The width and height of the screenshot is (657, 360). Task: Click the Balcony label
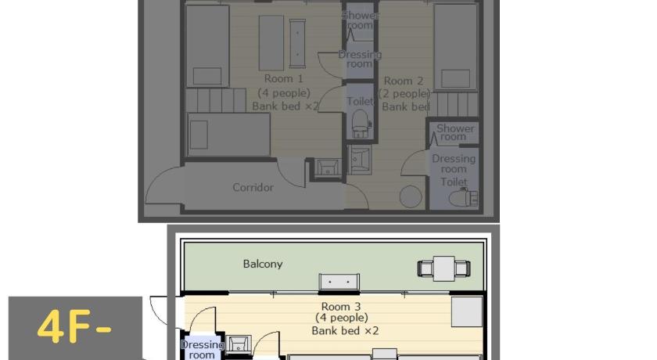[x=263, y=264]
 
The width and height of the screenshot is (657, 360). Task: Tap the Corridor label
[x=253, y=187]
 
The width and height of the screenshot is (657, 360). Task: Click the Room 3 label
[x=341, y=307]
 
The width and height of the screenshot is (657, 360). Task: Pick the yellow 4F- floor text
[x=74, y=327]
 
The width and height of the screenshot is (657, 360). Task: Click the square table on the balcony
[x=443, y=268]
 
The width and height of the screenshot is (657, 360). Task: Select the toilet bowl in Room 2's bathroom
[x=462, y=197]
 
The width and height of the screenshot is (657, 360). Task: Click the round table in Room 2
[x=411, y=196]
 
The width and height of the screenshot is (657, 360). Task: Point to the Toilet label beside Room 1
[x=360, y=102]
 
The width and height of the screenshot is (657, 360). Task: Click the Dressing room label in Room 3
[x=202, y=350]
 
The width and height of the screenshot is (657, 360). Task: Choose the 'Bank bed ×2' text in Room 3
[x=345, y=331]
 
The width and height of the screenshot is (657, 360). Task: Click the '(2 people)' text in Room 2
[x=404, y=93]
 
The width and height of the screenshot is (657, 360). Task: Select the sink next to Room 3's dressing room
[x=239, y=344]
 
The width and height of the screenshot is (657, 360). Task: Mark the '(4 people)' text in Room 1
[x=284, y=92]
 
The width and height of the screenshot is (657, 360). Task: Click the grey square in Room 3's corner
[x=467, y=311]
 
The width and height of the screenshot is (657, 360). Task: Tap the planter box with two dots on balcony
[x=339, y=282]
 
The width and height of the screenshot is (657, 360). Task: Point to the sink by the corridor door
[x=328, y=168]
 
